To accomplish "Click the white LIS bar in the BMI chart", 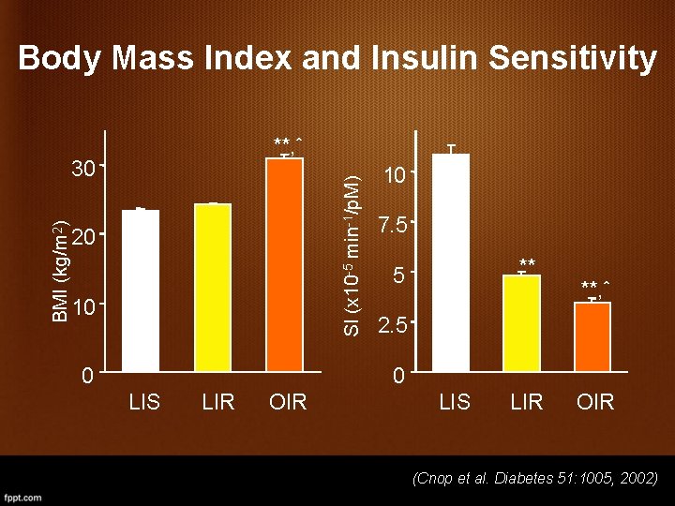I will pyautogui.click(x=141, y=290).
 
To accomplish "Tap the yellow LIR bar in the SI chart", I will pyautogui.click(x=521, y=323).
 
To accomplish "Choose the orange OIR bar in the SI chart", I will pyautogui.click(x=592, y=336).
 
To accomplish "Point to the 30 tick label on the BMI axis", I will pyautogui.click(x=84, y=170).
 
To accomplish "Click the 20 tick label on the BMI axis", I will pyautogui.click(x=83, y=237).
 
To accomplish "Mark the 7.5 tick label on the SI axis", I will pyautogui.click(x=393, y=226).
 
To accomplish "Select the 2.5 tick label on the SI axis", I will pyautogui.click(x=393, y=327).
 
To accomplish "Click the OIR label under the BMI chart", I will pyautogui.click(x=288, y=403).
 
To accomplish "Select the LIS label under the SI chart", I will pyautogui.click(x=455, y=403).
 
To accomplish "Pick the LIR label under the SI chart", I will pyautogui.click(x=526, y=403).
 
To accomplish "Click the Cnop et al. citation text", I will pyautogui.click(x=535, y=479).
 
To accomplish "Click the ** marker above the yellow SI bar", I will pyautogui.click(x=527, y=262).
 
